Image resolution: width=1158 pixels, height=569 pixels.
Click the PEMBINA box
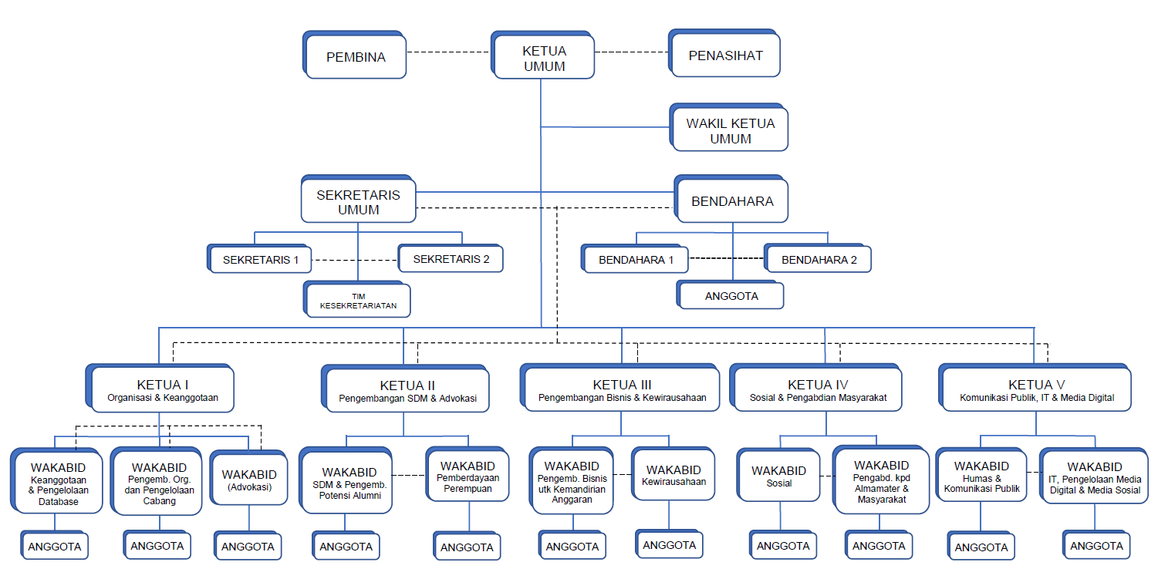point(355,55)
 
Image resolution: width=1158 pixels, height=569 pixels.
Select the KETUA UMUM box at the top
point(543,55)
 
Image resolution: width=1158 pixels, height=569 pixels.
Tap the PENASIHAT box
point(724,53)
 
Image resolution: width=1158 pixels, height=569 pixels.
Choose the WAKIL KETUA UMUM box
point(729,128)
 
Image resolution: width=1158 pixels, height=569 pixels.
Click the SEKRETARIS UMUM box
point(359,199)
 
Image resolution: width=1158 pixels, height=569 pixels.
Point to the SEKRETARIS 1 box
point(259,258)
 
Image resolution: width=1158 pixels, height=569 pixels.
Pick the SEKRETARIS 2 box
point(451,258)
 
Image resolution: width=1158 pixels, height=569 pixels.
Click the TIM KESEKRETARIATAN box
point(357,299)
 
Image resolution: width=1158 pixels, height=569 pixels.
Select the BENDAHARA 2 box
point(818,258)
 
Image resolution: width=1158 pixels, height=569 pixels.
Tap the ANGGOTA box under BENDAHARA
point(731,295)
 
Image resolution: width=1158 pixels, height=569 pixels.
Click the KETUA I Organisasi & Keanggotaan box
point(160,388)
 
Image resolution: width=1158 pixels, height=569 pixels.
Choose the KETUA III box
point(620,388)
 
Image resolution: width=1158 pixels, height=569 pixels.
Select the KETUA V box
point(1035,388)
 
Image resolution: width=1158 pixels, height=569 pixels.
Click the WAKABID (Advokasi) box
point(249,477)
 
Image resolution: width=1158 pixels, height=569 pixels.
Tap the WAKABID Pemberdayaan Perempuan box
point(468,474)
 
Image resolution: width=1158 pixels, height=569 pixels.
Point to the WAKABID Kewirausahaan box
point(673,474)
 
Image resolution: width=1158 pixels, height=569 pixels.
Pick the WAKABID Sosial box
point(778,475)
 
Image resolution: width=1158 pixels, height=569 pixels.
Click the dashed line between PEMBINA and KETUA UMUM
point(449,52)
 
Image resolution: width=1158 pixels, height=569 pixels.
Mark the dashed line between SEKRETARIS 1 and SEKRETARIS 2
point(355,260)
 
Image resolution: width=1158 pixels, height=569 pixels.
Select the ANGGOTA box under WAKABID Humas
point(981,546)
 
